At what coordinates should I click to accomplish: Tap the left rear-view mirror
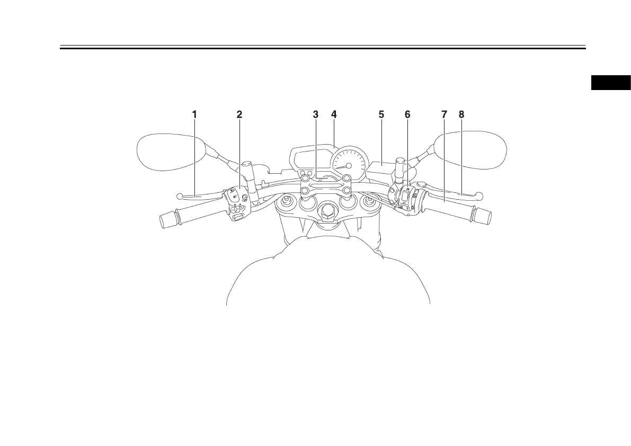pyautogui.click(x=168, y=153)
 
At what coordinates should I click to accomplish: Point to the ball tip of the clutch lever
pyautogui.click(x=180, y=197)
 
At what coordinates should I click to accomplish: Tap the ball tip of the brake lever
pyautogui.click(x=480, y=195)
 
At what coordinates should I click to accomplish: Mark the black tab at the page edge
pyautogui.click(x=611, y=83)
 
